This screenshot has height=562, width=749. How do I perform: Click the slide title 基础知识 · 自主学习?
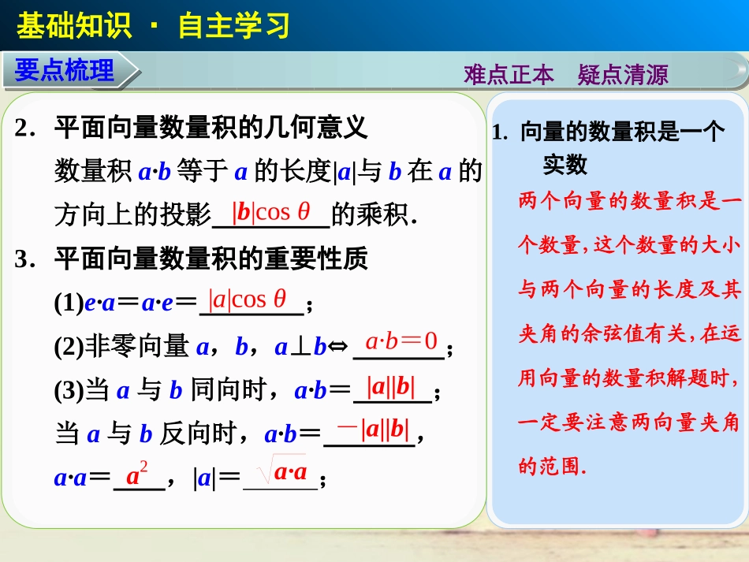[153, 26]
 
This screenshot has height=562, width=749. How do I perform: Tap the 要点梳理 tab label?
[65, 71]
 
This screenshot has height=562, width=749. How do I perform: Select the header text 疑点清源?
[623, 75]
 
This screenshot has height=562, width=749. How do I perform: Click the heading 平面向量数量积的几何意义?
[211, 128]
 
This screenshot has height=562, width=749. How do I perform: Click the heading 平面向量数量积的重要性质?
[211, 258]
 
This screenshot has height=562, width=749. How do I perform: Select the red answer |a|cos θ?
[247, 300]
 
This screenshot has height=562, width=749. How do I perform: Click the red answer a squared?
[138, 475]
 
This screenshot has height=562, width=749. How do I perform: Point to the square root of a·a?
[281, 472]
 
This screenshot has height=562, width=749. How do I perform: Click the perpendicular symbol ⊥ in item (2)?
[298, 346]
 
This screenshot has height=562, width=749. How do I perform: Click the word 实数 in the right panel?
[565, 165]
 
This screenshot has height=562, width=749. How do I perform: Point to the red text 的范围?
[552, 467]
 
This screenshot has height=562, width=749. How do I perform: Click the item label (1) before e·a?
[69, 303]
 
